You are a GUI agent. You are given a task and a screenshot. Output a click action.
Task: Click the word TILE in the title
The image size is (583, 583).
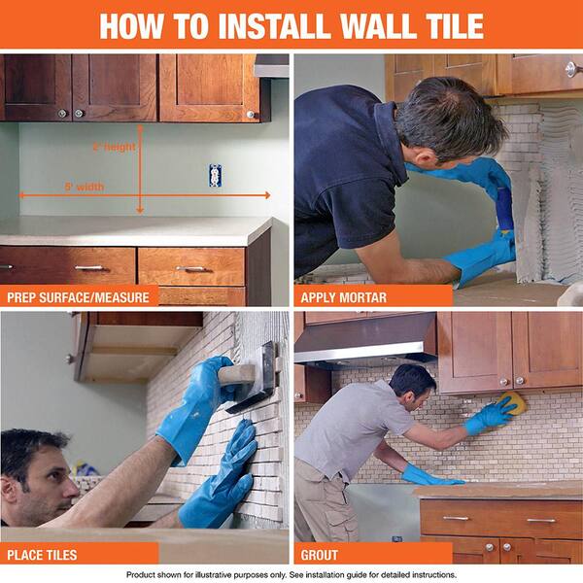pos(443,26)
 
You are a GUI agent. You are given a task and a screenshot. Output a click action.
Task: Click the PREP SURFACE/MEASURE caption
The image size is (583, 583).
pos(79,295)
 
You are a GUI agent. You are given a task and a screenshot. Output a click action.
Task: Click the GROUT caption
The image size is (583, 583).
pos(320,554)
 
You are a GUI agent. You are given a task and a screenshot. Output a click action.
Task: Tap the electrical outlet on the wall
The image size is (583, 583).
pos(215,176)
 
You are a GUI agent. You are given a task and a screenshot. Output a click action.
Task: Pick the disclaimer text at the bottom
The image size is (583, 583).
pos(291,574)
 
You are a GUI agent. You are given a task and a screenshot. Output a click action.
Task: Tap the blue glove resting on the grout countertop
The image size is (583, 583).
pos(428,476)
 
